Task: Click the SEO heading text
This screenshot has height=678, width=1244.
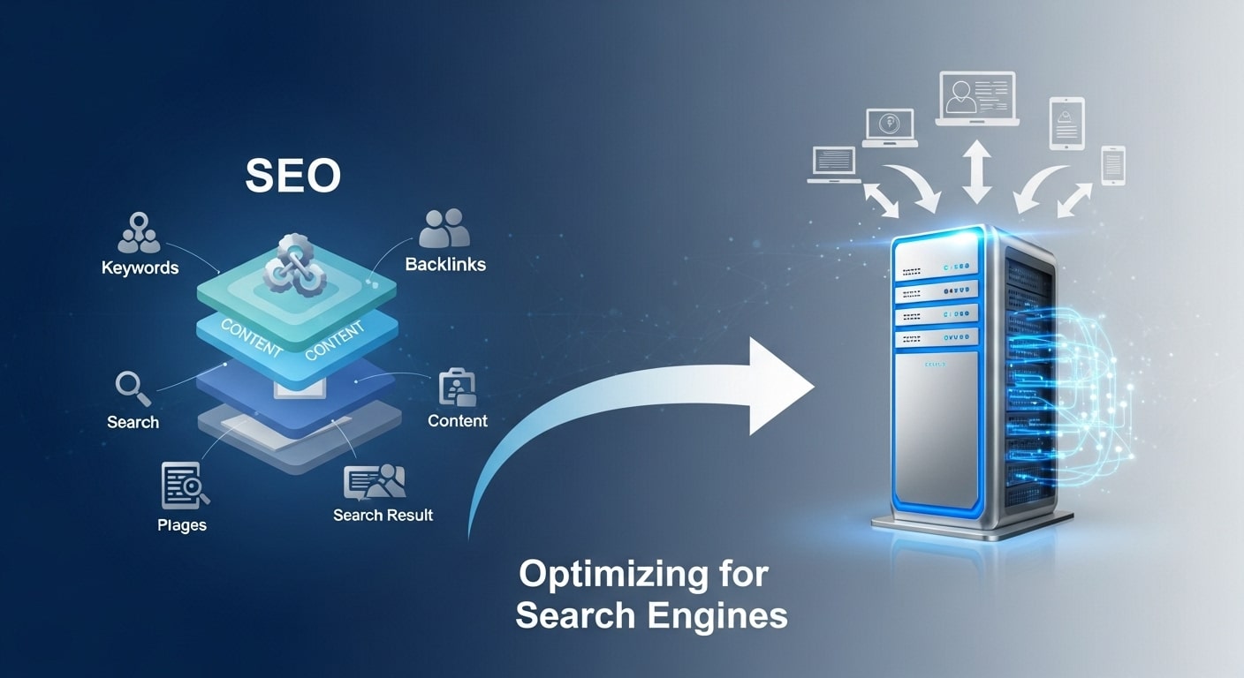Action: [293, 176]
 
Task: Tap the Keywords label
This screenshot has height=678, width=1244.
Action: [140, 267]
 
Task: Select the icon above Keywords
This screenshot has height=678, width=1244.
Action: [139, 232]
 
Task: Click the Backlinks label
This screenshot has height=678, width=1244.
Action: [445, 263]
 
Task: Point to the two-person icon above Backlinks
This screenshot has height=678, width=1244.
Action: [444, 228]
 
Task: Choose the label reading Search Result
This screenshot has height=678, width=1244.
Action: [383, 514]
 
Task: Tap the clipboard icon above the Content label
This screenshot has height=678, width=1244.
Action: [457, 388]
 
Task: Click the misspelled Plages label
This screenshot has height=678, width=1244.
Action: [182, 524]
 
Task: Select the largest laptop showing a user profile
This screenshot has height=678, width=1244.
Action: [976, 99]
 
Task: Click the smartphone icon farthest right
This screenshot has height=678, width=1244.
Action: [1112, 165]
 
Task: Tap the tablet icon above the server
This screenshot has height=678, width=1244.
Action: [1066, 124]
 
